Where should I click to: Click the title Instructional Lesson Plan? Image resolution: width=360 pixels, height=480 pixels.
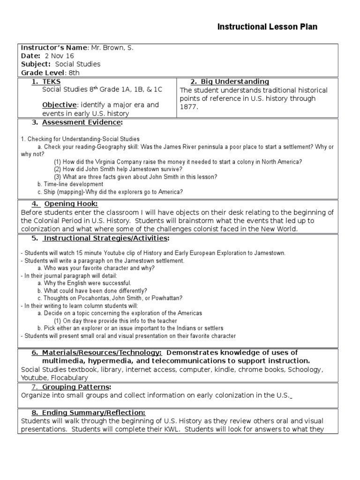coord(267,27)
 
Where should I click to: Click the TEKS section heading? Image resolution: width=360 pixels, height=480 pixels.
coord(52,82)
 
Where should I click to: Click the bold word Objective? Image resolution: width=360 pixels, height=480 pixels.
coord(59,105)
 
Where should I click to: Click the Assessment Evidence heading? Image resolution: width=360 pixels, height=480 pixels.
coord(82,122)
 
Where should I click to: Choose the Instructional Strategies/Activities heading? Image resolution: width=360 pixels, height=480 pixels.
coord(105,238)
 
